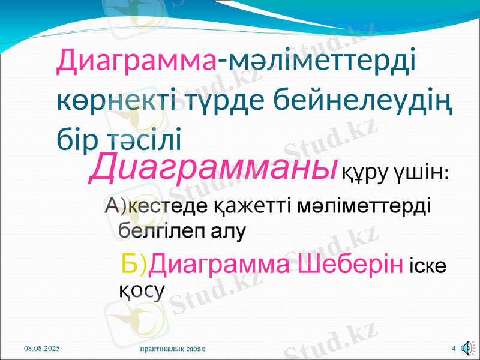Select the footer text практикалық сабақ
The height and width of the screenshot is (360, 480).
174,348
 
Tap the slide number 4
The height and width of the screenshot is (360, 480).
454,348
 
